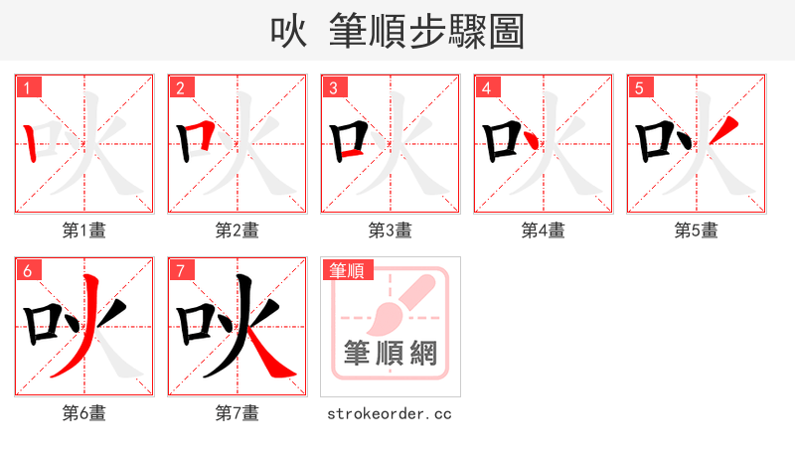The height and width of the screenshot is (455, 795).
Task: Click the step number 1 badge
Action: pyautogui.click(x=28, y=87)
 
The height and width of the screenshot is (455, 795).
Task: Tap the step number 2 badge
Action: pyautogui.click(x=181, y=87)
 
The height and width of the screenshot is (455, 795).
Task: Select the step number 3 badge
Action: pyautogui.click(x=334, y=87)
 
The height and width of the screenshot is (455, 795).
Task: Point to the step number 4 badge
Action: pyautogui.click(x=487, y=87)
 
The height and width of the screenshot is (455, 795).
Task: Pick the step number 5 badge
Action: pyautogui.click(x=640, y=87)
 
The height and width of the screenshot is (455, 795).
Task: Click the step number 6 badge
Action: pyautogui.click(x=28, y=270)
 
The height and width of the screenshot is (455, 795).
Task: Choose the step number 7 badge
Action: pyautogui.click(x=181, y=270)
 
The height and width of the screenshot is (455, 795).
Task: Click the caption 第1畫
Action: pyautogui.click(x=84, y=230)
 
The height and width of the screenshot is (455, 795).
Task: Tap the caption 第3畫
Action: pyautogui.click(x=391, y=230)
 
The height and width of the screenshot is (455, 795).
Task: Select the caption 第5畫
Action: pyautogui.click(x=697, y=230)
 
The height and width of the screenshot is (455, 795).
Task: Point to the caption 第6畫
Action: pyautogui.click(x=84, y=413)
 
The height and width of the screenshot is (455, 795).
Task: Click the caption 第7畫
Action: pyautogui.click(x=238, y=413)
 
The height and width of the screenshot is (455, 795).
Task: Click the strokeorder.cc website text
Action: pyautogui.click(x=390, y=413)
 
